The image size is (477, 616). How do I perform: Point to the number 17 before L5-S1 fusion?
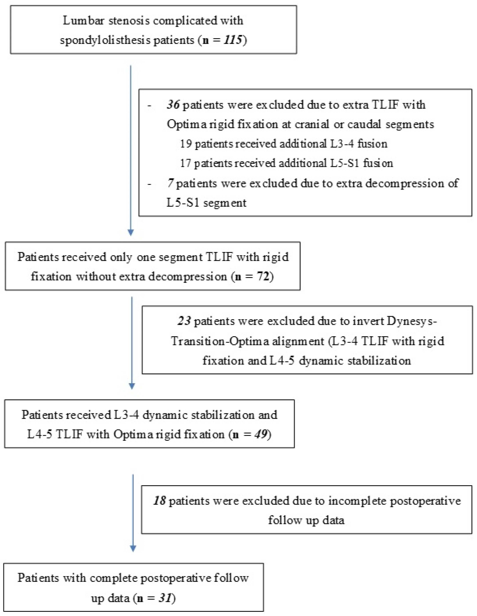pos(186,163)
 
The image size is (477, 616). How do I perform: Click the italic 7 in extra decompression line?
pos(170,183)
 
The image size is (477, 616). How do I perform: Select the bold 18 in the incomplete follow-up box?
pos(160,501)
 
